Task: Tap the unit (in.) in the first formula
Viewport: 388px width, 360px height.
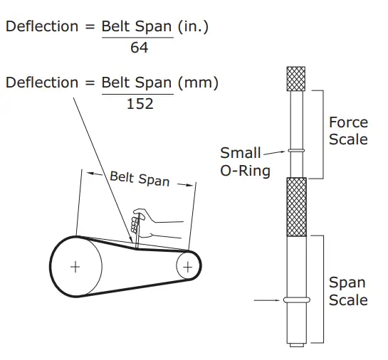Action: (195, 27)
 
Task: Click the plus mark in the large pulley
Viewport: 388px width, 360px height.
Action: (75, 267)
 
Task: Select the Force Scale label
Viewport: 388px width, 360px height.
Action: (348, 132)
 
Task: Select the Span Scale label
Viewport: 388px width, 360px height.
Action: (348, 292)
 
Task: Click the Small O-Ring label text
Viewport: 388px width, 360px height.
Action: (243, 162)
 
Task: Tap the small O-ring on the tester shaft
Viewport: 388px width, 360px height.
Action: (295, 150)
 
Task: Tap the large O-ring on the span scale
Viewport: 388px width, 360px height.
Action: (295, 300)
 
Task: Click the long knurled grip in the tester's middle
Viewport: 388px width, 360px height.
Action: (295, 206)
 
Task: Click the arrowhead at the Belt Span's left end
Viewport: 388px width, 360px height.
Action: (87, 173)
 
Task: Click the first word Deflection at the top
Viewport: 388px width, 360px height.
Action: (41, 27)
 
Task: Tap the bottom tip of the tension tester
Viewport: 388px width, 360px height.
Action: (295, 346)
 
